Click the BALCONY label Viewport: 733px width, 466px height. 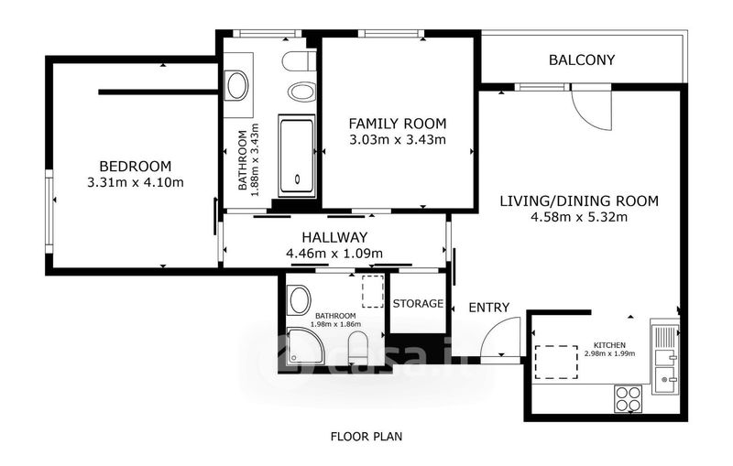click(x=582, y=60)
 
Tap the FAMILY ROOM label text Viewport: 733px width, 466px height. click(x=398, y=124)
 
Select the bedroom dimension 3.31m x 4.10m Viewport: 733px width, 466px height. click(x=136, y=182)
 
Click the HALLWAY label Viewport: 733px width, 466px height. click(x=334, y=237)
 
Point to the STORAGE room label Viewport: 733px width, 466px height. click(x=418, y=304)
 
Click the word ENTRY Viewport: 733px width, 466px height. click(x=489, y=308)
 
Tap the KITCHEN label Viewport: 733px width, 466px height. click(x=609, y=345)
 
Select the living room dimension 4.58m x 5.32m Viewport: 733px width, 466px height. click(x=579, y=217)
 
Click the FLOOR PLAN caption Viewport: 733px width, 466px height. click(x=366, y=437)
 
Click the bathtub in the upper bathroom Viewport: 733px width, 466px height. click(x=296, y=156)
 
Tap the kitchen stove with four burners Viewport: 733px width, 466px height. click(x=629, y=399)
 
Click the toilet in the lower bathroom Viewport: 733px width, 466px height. click(x=358, y=347)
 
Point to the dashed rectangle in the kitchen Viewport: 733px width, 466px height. click(x=556, y=363)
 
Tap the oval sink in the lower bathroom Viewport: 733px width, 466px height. click(x=300, y=300)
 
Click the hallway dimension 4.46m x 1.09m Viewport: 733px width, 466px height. click(x=334, y=254)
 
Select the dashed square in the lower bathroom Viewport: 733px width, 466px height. click(x=373, y=291)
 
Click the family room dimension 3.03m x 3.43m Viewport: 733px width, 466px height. click(x=398, y=139)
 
